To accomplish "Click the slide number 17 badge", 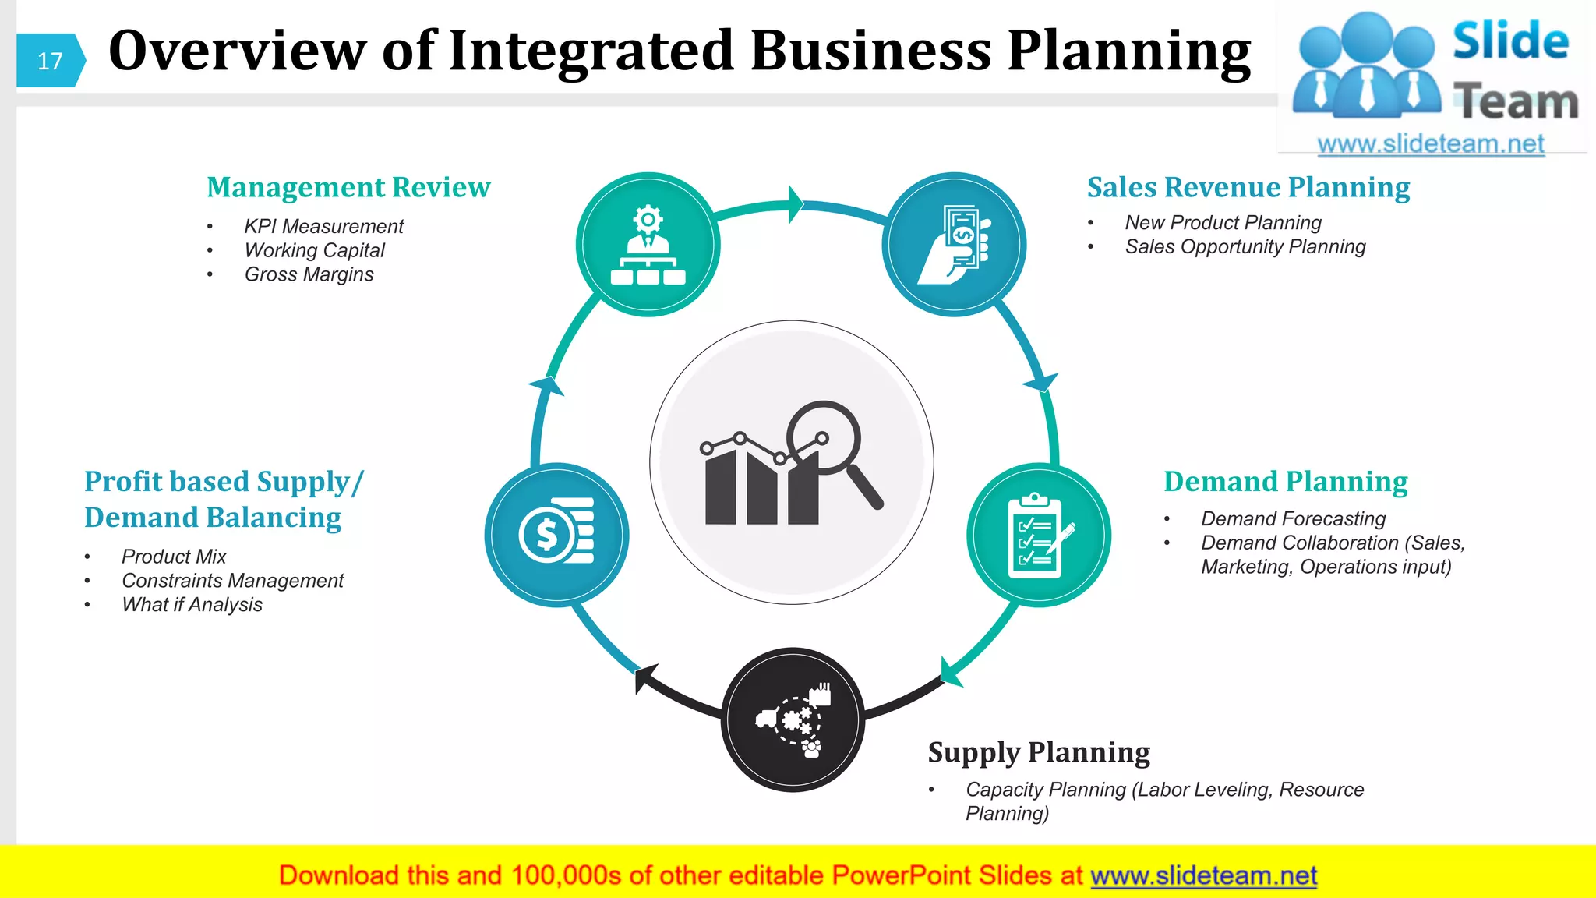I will point(50,61).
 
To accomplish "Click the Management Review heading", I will point(348,188).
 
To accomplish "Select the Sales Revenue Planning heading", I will point(1248,188).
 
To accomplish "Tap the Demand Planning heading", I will point(1285,483).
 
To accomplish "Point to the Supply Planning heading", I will point(1038,753).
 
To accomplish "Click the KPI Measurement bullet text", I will point(323,226).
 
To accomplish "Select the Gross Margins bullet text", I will point(309,274).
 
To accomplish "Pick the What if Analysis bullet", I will point(192,605).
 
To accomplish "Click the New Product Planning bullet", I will point(1223,223).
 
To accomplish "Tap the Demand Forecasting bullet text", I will point(1293,519).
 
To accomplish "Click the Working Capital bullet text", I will point(314,250).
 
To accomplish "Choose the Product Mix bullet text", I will point(174,557).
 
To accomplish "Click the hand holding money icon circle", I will point(954,245).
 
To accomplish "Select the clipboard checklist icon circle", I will point(1039,536).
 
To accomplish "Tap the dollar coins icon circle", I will point(556,536).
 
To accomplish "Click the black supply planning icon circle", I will point(793,720).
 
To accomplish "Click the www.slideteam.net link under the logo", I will point(1430,144).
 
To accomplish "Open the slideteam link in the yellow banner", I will point(1203,876).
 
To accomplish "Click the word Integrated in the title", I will point(591,51).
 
